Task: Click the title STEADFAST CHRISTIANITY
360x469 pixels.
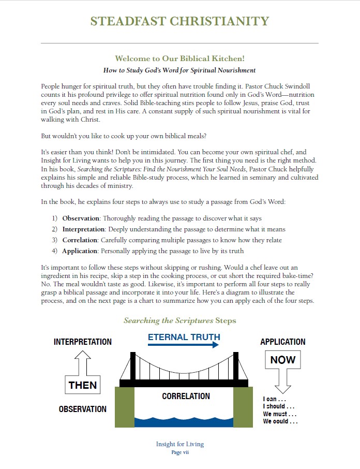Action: click(x=179, y=21)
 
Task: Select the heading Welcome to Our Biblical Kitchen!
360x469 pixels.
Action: click(x=179, y=58)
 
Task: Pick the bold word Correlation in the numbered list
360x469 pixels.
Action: click(x=80, y=240)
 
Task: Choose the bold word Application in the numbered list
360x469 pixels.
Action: click(x=80, y=251)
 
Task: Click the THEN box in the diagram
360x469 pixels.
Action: click(x=83, y=385)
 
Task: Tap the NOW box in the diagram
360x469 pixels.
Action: click(x=283, y=360)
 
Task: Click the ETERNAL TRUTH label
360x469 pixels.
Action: click(x=184, y=337)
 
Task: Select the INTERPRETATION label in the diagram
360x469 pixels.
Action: click(x=83, y=342)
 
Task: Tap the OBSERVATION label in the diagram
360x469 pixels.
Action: click(x=83, y=409)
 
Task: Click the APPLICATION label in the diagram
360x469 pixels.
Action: click(x=283, y=342)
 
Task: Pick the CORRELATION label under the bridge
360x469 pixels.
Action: click(x=186, y=397)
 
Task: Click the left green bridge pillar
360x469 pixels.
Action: click(x=124, y=407)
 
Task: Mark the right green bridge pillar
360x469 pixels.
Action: click(x=243, y=407)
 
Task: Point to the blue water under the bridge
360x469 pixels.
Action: click(x=184, y=420)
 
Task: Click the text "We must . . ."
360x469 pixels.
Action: click(x=279, y=414)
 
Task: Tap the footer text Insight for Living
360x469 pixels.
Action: click(x=179, y=444)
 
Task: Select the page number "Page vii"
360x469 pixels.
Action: click(x=179, y=452)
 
